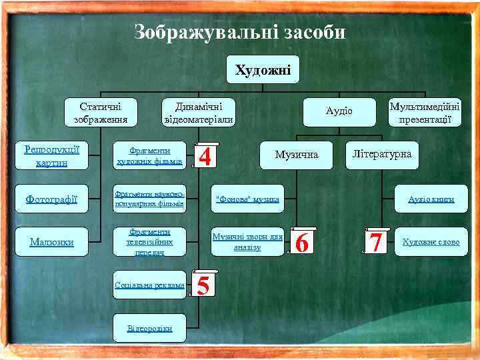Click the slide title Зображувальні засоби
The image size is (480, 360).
click(x=240, y=31)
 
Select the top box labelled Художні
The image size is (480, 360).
click(x=263, y=69)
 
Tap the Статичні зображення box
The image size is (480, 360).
click(x=101, y=113)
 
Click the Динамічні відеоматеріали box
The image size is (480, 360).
click(x=199, y=113)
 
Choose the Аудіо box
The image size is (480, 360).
click(x=339, y=111)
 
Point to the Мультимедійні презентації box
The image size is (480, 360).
click(x=425, y=113)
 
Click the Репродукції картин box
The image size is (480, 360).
click(x=51, y=156)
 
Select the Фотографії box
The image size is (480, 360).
click(x=51, y=199)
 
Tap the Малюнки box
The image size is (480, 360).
click(x=51, y=241)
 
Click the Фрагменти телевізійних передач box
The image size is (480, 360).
click(x=149, y=241)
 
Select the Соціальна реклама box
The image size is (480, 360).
click(x=149, y=285)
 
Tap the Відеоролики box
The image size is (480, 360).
click(x=149, y=328)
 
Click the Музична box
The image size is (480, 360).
click(x=297, y=155)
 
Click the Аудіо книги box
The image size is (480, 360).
click(x=431, y=199)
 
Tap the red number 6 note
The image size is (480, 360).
click(x=302, y=243)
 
